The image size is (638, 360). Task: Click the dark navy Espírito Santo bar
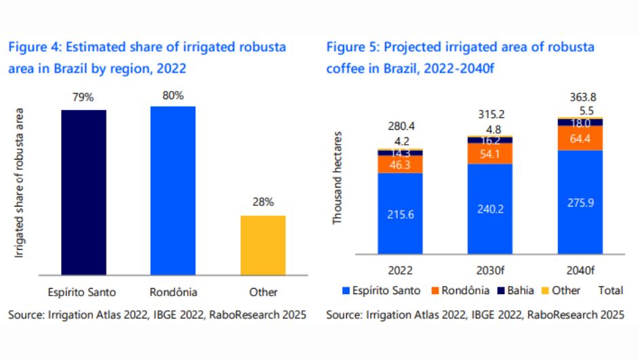tap(83, 191)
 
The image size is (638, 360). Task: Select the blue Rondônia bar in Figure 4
tap(172, 189)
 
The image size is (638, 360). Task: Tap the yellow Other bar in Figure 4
tap(263, 245)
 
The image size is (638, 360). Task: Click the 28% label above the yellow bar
tap(263, 202)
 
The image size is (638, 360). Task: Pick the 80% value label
tap(173, 95)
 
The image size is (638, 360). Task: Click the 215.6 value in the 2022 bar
tap(400, 215)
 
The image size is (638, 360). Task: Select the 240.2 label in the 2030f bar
tap(490, 210)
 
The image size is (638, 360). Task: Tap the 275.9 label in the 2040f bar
tap(580, 202)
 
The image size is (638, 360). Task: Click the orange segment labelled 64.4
tap(580, 138)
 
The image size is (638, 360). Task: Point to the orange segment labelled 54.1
tap(490, 154)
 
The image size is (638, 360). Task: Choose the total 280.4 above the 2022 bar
tap(400, 126)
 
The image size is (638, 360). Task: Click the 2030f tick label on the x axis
tap(490, 269)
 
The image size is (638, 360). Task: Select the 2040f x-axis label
tap(580, 269)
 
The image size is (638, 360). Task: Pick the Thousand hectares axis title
tap(337, 179)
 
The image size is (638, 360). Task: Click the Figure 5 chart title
tap(460, 58)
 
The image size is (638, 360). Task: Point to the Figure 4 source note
tap(157, 315)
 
